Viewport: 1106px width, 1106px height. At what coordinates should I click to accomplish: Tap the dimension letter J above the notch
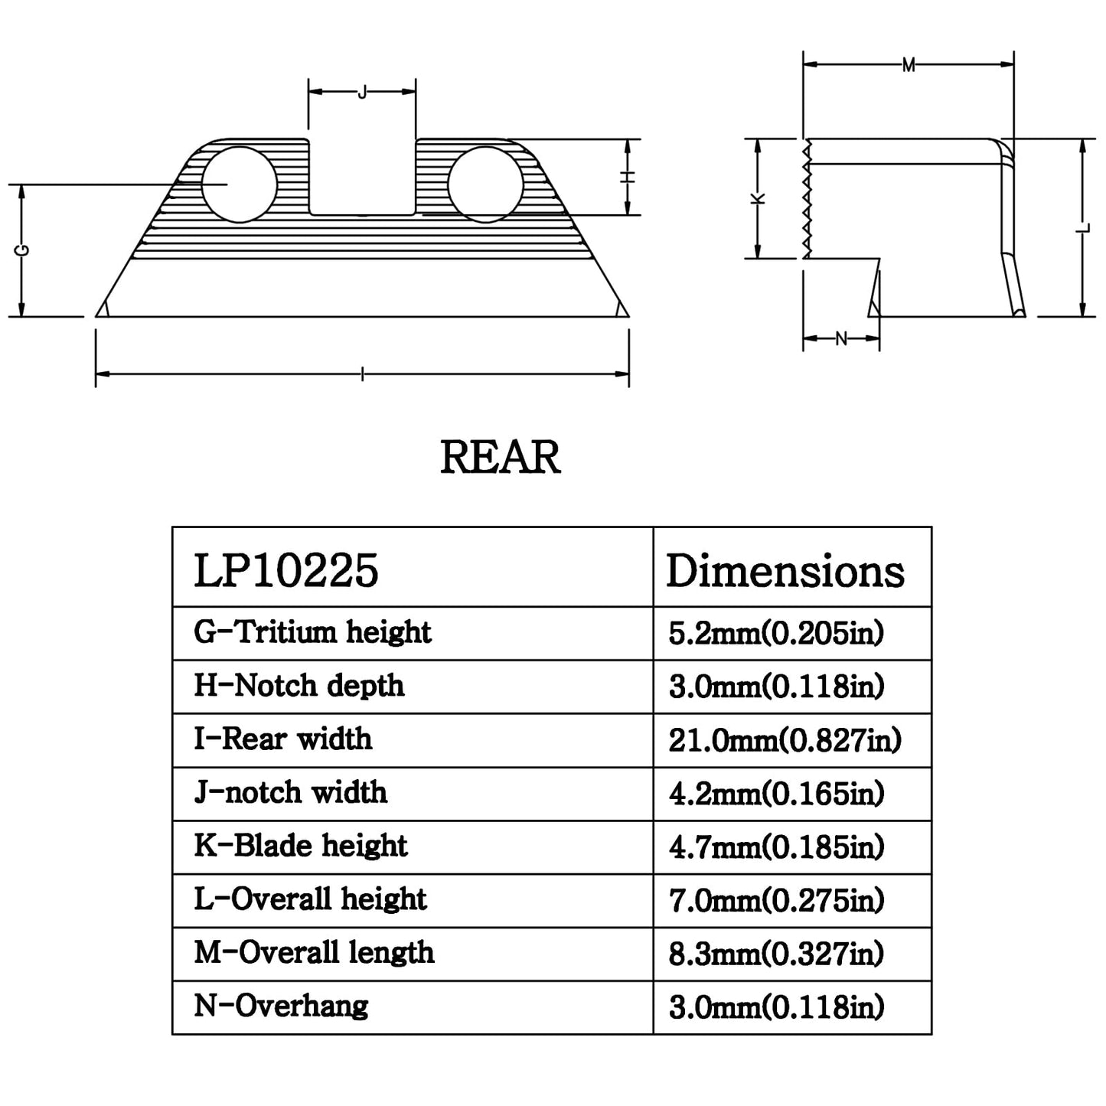[361, 92]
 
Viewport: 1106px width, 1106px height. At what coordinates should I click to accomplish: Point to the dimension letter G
[23, 250]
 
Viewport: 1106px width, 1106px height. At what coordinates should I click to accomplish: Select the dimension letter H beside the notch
[628, 178]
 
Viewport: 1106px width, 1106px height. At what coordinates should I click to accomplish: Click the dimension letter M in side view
[908, 65]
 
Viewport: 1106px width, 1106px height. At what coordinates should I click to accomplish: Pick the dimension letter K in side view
[758, 198]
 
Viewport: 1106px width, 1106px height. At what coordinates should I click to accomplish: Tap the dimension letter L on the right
[1082, 228]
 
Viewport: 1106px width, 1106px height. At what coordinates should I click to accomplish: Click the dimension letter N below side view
[841, 338]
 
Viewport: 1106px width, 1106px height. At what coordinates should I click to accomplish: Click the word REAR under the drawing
[500, 458]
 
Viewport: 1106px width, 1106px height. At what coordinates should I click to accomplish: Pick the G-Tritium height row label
[313, 632]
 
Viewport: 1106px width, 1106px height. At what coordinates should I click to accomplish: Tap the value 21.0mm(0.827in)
[785, 740]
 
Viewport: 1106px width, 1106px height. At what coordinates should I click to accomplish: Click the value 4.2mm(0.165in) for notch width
[777, 794]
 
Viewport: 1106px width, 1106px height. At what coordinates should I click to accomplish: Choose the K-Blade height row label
[301, 846]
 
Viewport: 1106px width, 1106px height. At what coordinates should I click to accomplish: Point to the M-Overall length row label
[314, 953]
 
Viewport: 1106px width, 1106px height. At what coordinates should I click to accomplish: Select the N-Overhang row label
[281, 1006]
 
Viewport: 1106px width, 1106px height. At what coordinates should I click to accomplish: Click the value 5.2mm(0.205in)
[777, 634]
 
